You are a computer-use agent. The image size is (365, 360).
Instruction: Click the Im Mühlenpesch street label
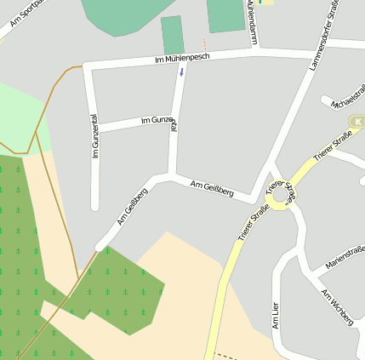click(x=182, y=58)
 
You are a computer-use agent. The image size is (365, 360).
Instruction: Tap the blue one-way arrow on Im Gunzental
click(x=180, y=71)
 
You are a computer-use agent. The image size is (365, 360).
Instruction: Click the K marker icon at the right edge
click(x=358, y=123)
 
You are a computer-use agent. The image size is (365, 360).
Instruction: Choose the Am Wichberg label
click(x=337, y=306)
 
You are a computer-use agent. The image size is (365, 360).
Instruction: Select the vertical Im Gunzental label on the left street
click(x=94, y=136)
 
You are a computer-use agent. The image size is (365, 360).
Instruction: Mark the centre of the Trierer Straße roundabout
click(x=282, y=194)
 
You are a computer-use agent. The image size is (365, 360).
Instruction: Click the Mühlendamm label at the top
click(x=251, y=22)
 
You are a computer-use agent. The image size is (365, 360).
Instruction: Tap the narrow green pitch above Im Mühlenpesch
click(x=173, y=35)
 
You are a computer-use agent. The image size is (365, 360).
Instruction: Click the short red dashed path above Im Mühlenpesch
click(x=204, y=43)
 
